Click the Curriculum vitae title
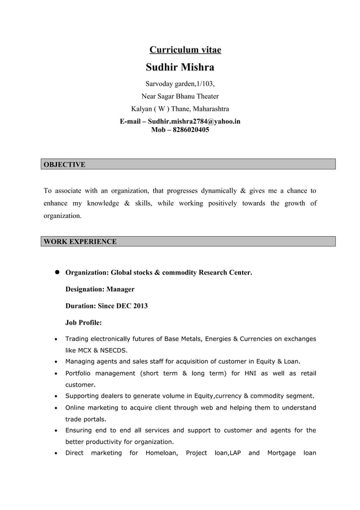coord(185,50)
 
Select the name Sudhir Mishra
coord(180,68)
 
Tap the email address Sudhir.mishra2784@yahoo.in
coord(194,121)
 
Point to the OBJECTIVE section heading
coord(64,164)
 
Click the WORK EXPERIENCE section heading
coord(80,242)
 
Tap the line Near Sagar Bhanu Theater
coord(180,96)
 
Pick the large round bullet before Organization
coord(57,272)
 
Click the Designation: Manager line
coord(100,289)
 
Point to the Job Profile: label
coord(84,323)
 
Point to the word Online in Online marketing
coord(76,408)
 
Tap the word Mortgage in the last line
coord(281,453)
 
